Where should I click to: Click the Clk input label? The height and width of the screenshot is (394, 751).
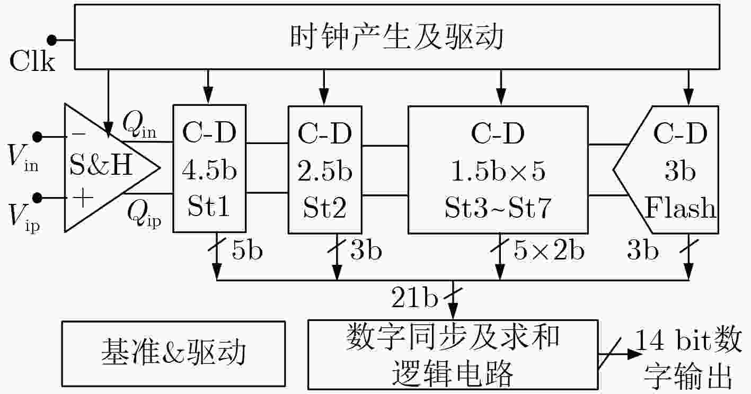point(32,61)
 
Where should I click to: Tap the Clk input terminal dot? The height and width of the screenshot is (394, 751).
point(51,40)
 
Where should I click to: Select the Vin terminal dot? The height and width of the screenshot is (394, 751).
point(37,137)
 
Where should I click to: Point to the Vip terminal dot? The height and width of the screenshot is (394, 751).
point(37,198)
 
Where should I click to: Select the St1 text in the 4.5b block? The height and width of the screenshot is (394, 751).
point(209,205)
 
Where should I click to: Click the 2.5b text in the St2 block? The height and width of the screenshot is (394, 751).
point(324,171)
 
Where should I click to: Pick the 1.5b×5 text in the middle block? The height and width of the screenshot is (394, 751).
point(499,171)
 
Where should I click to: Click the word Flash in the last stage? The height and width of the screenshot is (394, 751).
point(681,208)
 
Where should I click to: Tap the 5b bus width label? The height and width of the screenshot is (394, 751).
point(247,250)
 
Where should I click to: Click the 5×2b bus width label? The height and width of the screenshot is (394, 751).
point(549,250)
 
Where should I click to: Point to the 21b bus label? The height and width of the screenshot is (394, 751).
point(414,297)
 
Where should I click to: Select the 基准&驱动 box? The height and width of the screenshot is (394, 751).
point(174,354)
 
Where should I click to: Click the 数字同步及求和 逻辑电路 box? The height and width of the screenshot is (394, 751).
point(453,354)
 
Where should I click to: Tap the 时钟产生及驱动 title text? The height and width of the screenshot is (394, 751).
point(396,37)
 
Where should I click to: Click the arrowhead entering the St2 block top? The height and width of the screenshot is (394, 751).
point(324,96)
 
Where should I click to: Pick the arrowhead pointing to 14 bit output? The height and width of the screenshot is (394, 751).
point(634,354)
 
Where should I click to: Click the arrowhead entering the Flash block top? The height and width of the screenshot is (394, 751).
point(688,96)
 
